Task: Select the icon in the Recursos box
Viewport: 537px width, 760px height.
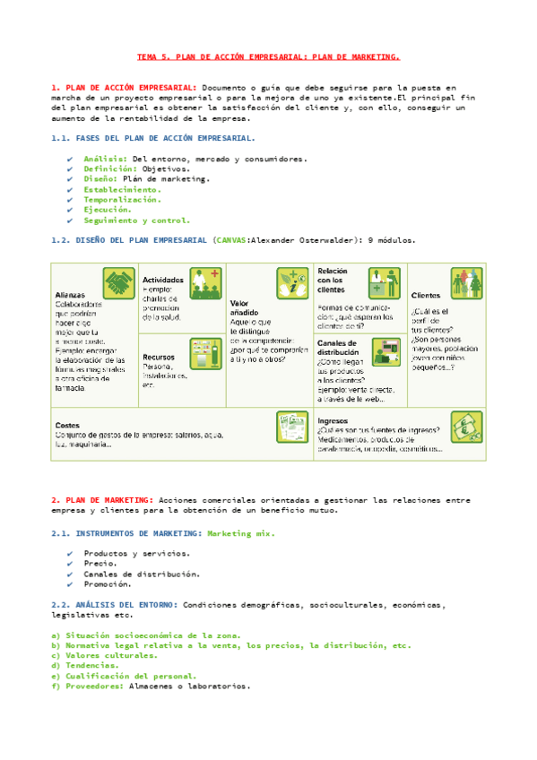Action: point(204,351)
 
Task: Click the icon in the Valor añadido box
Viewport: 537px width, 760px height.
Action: point(290,283)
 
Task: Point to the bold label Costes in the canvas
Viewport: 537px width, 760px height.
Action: point(67,425)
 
